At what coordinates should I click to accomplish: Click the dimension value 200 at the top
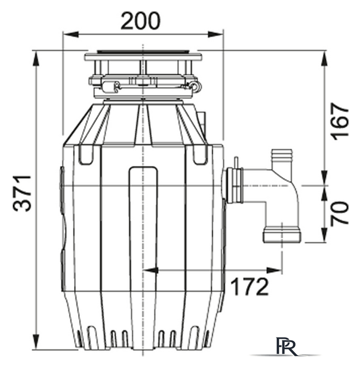(141, 21)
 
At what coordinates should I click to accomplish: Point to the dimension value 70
(340, 213)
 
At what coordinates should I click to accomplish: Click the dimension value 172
(250, 285)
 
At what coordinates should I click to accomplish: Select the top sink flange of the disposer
(143, 57)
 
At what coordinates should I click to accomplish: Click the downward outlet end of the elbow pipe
(281, 235)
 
